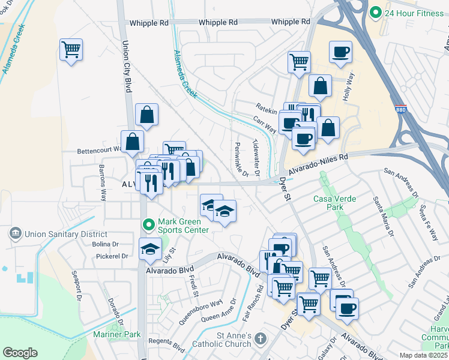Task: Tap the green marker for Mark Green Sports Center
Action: [x=149, y=224]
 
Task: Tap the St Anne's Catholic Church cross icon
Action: [x=260, y=339]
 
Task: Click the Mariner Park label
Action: [x=116, y=334]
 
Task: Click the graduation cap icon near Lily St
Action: [x=149, y=250]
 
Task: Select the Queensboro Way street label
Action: [x=201, y=311]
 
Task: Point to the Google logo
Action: [x=20, y=353]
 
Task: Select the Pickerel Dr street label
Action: [x=112, y=256]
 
